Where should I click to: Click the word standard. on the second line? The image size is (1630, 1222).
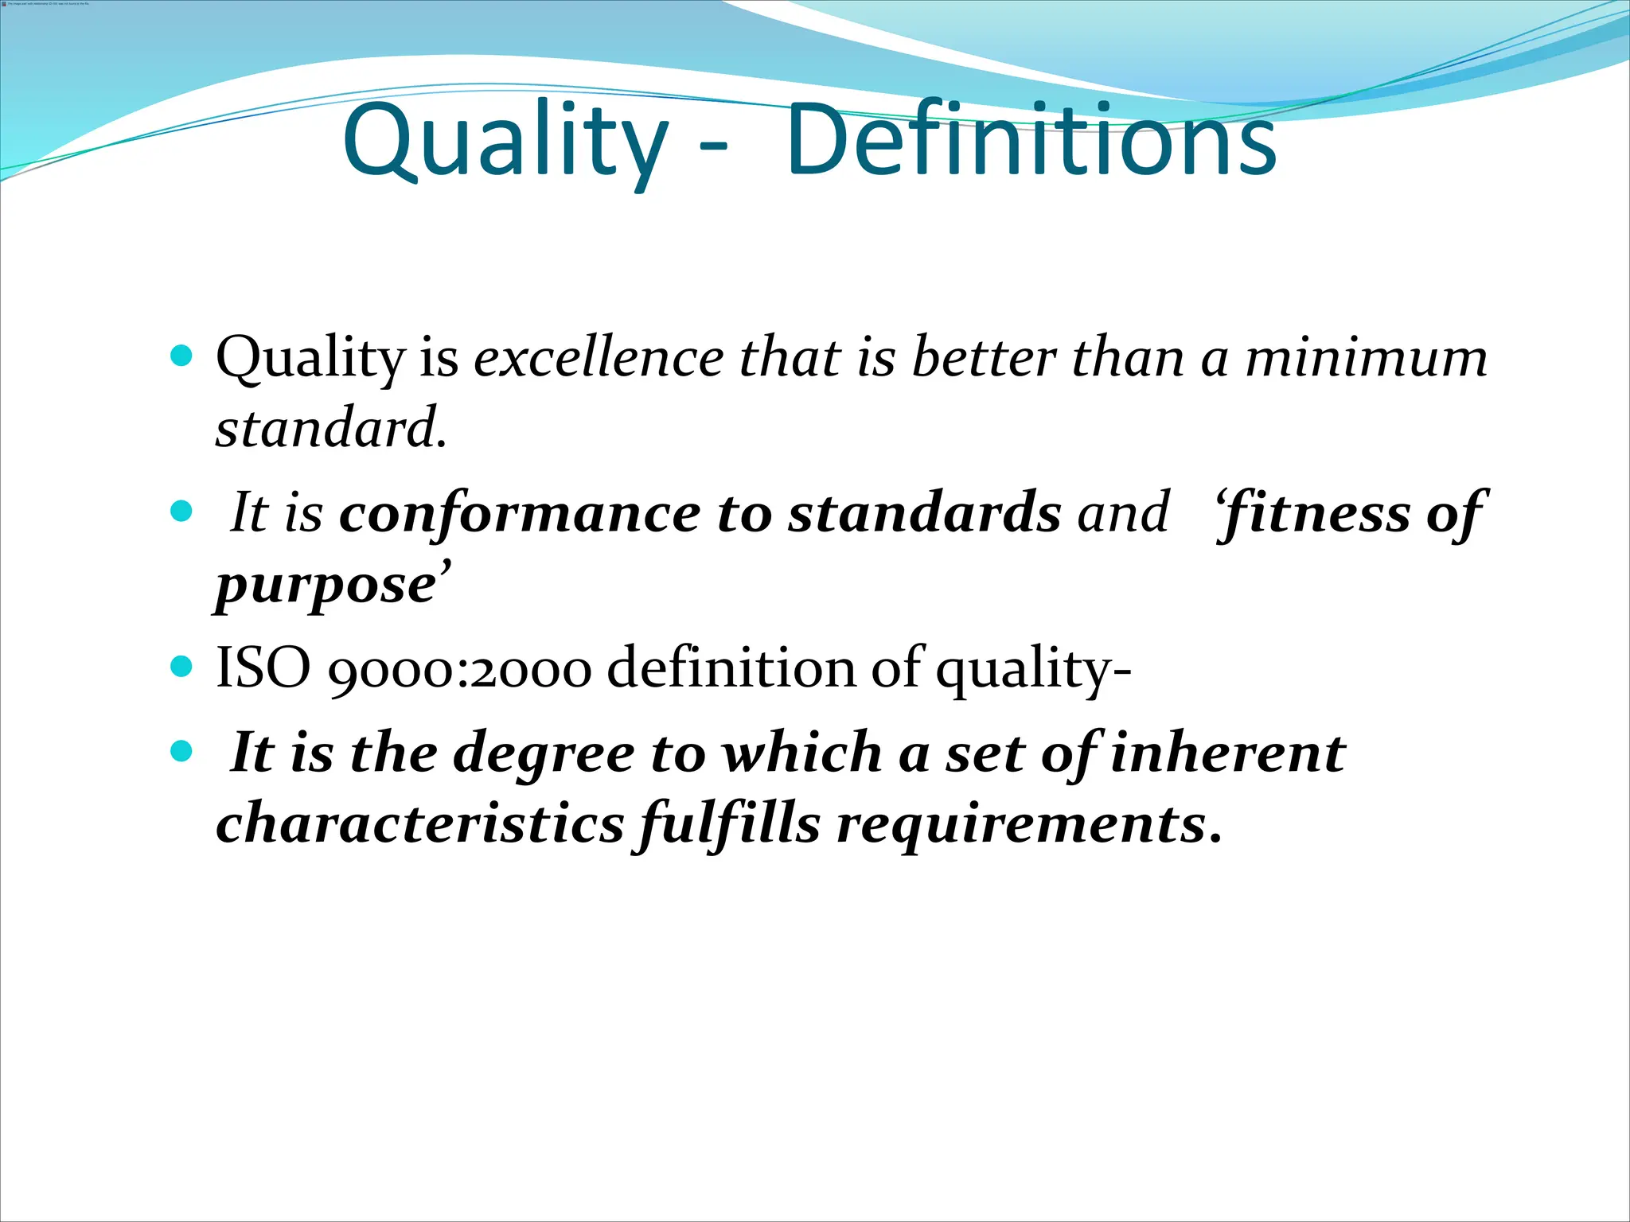point(331,428)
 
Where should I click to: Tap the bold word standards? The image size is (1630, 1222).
point(924,513)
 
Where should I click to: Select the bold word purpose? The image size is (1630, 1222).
point(326,586)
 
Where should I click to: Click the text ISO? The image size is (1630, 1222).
point(263,667)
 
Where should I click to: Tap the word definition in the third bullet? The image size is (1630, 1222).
point(731,667)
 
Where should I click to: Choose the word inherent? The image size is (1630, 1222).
point(1226,753)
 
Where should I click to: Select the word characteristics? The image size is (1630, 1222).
point(419,823)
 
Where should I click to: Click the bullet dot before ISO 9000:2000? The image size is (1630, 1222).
point(182,665)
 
